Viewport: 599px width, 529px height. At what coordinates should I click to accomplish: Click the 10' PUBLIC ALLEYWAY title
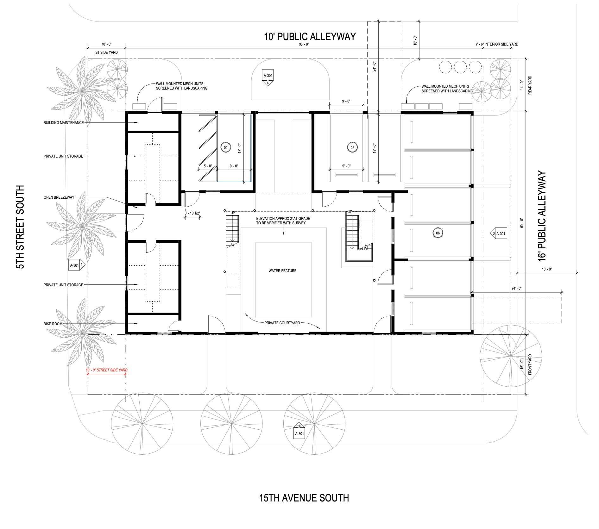click(310, 36)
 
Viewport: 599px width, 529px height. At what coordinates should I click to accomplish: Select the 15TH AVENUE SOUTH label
click(304, 498)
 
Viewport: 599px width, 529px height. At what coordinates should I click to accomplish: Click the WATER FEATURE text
click(282, 271)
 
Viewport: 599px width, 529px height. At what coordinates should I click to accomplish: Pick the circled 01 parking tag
click(226, 147)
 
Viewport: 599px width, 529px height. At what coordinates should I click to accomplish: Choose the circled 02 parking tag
click(352, 147)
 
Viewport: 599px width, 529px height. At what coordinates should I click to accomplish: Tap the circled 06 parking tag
click(438, 233)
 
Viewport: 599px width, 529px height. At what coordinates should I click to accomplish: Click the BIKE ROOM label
click(53, 324)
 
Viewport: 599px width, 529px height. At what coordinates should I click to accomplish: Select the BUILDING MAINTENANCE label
click(64, 122)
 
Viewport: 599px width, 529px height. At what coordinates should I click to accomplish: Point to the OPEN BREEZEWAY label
click(59, 197)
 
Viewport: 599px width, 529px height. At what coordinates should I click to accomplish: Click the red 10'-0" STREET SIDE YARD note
click(107, 370)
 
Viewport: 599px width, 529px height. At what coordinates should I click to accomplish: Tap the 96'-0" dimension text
click(303, 44)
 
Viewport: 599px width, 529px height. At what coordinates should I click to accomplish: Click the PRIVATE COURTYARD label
click(282, 323)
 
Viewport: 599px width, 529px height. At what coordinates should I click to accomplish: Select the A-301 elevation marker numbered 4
click(268, 78)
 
